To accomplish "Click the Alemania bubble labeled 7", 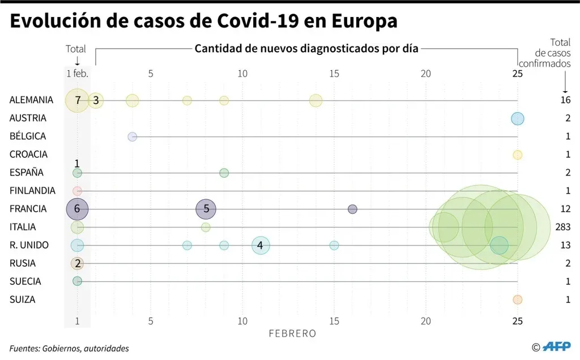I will (x=77, y=100).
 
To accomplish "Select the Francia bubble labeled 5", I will (x=206, y=209).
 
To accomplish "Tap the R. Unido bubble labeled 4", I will (x=260, y=245).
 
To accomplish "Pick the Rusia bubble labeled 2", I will (x=77, y=263).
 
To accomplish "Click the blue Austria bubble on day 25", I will (x=517, y=118).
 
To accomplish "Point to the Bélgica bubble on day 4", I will (x=133, y=136).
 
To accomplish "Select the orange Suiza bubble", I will (x=517, y=299).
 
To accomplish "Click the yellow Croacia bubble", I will (x=517, y=155).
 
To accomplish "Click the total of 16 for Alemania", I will (x=565, y=100).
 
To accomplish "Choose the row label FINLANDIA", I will (x=32, y=191).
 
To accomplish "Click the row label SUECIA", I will (x=25, y=281).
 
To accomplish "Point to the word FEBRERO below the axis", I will (x=292, y=333).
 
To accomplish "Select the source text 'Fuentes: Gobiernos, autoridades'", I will (x=69, y=348).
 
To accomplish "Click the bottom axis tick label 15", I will (x=334, y=321).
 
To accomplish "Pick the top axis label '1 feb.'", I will (x=76, y=74).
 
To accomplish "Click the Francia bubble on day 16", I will (x=352, y=209).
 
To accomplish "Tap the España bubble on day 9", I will (x=224, y=173).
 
